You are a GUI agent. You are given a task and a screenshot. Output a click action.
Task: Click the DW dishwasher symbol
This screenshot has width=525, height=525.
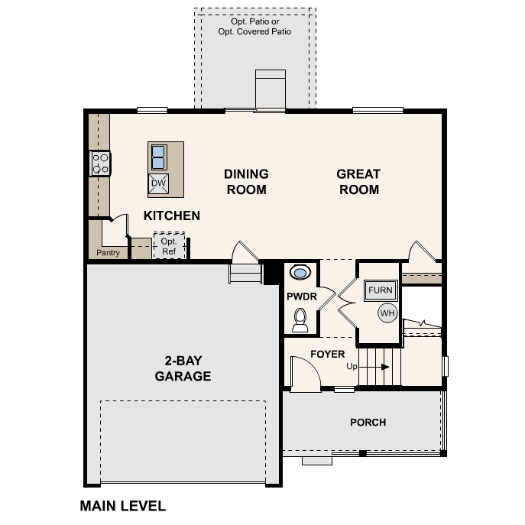pyautogui.click(x=158, y=183)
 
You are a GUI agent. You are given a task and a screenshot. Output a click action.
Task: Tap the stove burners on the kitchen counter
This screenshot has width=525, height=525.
pyautogui.click(x=100, y=164)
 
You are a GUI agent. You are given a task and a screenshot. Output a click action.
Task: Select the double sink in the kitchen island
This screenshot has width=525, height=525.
pyautogui.click(x=158, y=157)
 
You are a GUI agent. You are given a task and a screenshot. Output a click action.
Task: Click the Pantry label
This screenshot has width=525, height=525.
pyautogui.click(x=108, y=252)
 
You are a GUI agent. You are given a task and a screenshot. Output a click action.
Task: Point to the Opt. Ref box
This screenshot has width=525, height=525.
pyautogui.click(x=168, y=246)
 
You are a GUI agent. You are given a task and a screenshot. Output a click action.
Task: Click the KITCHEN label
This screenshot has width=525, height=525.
pyautogui.click(x=172, y=216)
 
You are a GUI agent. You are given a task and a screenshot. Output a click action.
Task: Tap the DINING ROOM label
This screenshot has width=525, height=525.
pyautogui.click(x=246, y=182)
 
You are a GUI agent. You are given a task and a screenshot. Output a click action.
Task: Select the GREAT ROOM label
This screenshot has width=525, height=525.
pyautogui.click(x=358, y=182)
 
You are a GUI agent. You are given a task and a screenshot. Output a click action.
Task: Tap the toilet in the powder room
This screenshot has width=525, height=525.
pyautogui.click(x=300, y=319)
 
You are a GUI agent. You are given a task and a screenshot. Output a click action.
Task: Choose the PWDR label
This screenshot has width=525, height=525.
pyautogui.click(x=301, y=295)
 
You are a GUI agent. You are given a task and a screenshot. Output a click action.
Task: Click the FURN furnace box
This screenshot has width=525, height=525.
pyautogui.click(x=380, y=290)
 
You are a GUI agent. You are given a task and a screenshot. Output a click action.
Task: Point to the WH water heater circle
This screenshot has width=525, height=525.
pyautogui.click(x=387, y=313)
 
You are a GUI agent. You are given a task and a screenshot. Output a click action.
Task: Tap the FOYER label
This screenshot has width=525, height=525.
pyautogui.click(x=327, y=354)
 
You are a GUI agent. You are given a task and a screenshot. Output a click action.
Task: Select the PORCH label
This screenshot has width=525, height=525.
pyautogui.click(x=368, y=422)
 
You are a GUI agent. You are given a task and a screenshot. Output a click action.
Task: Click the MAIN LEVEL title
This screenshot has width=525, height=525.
pyautogui.click(x=122, y=506)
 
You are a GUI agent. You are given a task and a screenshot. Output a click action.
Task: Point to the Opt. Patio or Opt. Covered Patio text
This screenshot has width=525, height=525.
pyautogui.click(x=254, y=27)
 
